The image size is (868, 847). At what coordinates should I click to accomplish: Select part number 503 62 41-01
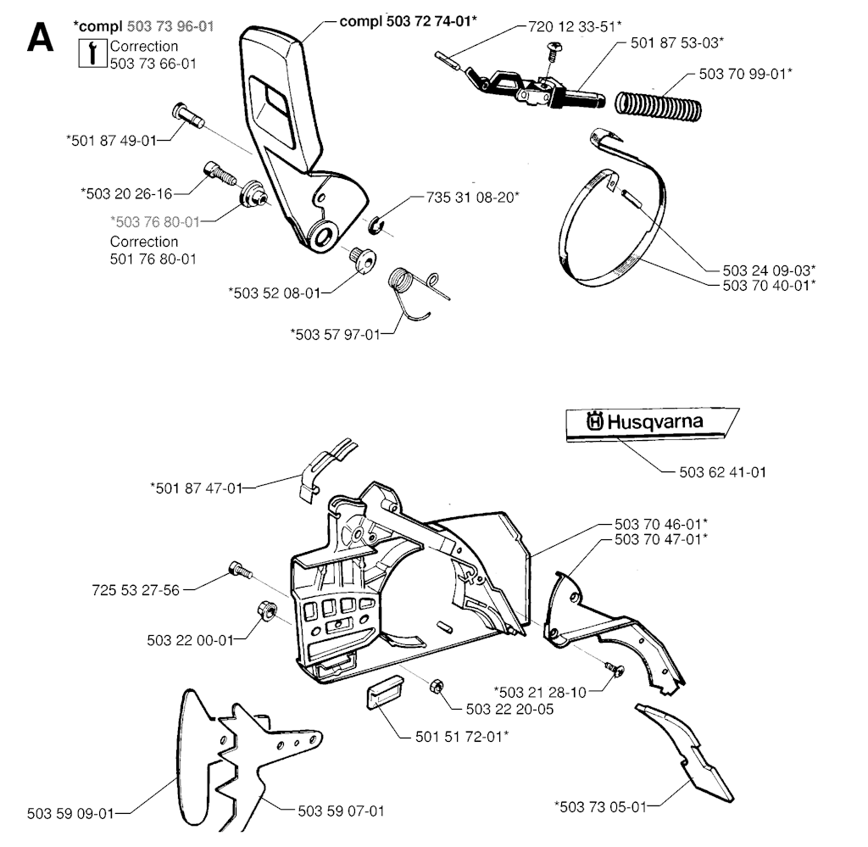[723, 472]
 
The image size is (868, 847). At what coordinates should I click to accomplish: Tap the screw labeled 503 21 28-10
[615, 669]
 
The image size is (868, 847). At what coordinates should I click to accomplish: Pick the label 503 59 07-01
[340, 810]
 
